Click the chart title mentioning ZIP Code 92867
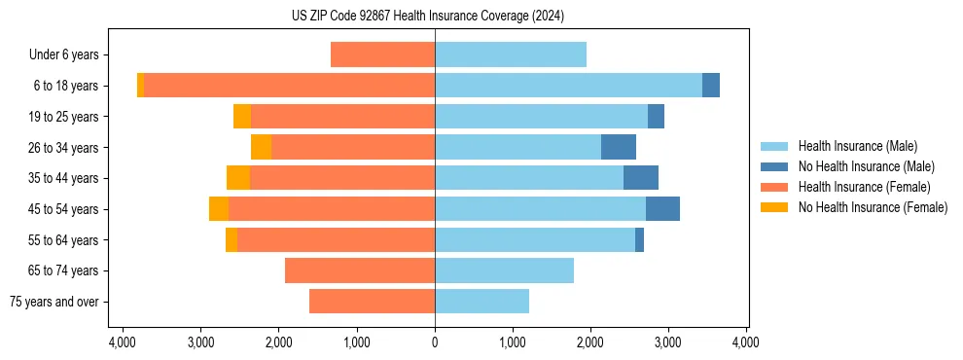pyautogui.click(x=427, y=17)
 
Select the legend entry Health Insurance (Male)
pyautogui.click(x=857, y=146)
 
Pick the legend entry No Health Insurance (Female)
pyautogui.click(x=873, y=207)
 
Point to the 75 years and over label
pyautogui.click(x=53, y=302)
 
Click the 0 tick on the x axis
pyautogui.click(x=435, y=342)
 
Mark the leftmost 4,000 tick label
pyautogui.click(x=123, y=342)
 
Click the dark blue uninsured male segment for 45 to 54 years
pyautogui.click(x=662, y=209)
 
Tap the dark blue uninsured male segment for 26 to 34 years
pyautogui.click(x=619, y=147)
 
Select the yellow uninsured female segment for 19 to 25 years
pyautogui.click(x=242, y=117)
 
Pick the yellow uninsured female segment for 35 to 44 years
pyautogui.click(x=238, y=178)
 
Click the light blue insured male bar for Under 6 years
pyautogui.click(x=511, y=54)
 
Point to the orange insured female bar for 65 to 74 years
pyautogui.click(x=360, y=270)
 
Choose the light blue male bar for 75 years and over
pyautogui.click(x=481, y=302)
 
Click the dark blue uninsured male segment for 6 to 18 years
pyautogui.click(x=711, y=86)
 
